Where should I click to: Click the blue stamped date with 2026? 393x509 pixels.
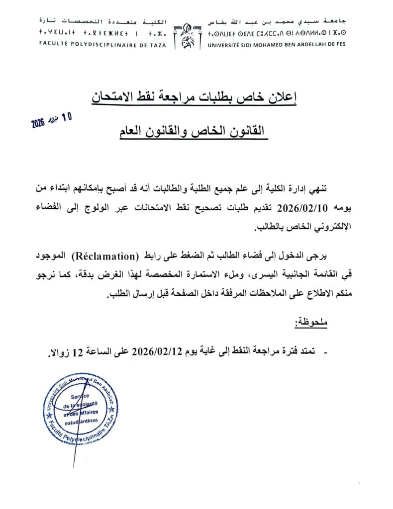pyautogui.click(x=52, y=120)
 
